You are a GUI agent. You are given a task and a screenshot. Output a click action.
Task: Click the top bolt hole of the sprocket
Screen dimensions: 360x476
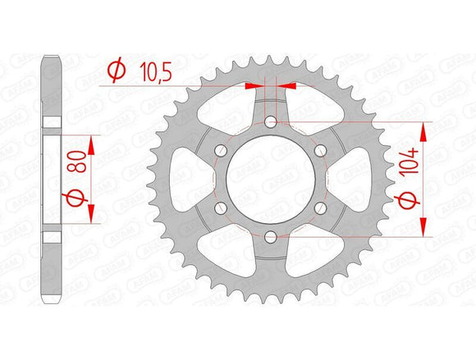[x=271, y=123]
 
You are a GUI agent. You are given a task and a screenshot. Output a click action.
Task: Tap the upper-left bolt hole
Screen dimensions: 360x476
[x=221, y=152]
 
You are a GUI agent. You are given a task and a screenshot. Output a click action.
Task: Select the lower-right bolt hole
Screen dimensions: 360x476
[x=321, y=209]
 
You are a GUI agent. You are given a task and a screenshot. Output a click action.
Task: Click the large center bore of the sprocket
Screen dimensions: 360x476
[x=271, y=180]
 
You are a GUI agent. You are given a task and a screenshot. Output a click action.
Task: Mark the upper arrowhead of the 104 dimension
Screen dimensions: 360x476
[x=425, y=131]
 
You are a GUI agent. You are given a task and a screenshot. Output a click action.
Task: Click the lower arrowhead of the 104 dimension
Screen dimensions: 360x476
[x=425, y=229]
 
